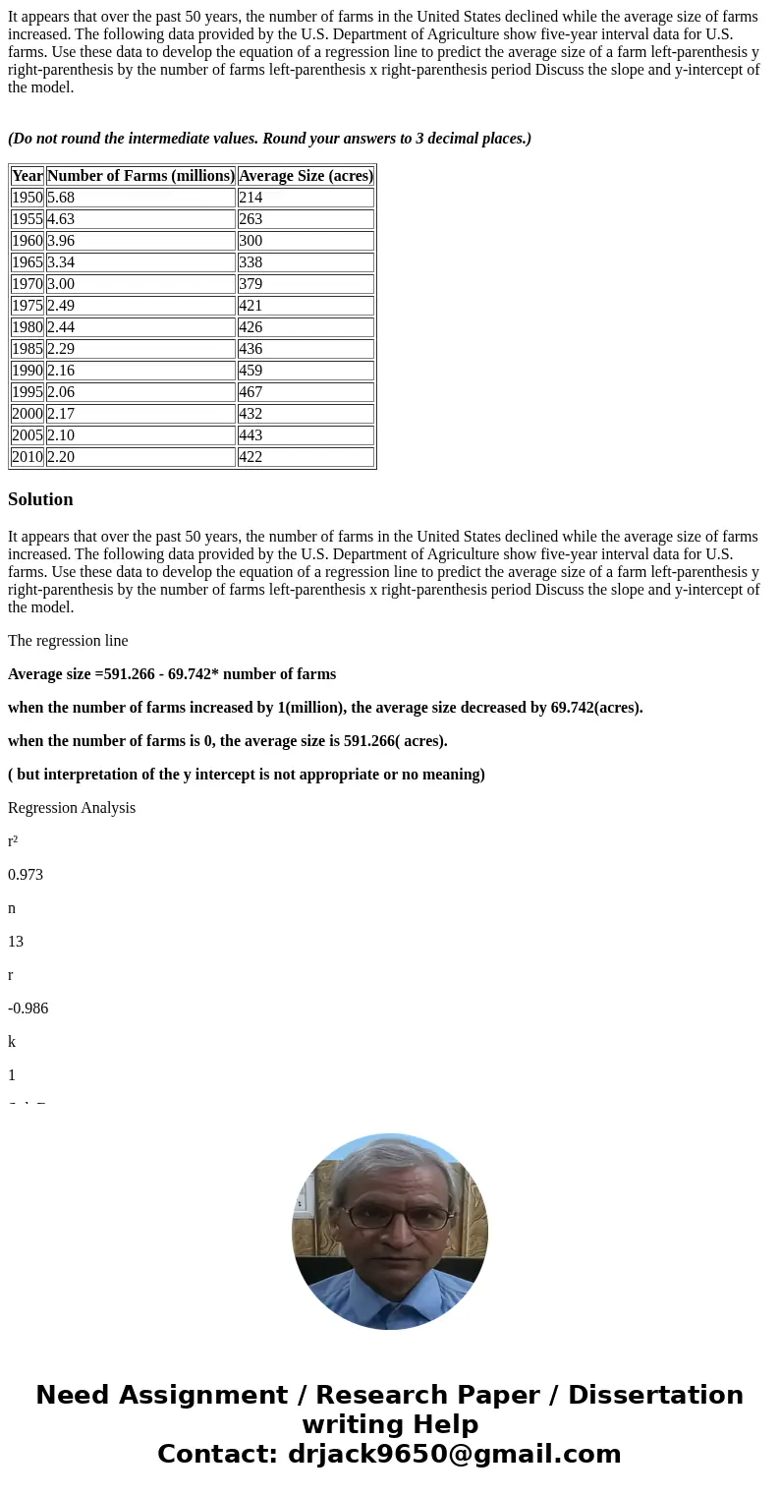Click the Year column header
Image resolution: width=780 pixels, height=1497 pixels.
28,176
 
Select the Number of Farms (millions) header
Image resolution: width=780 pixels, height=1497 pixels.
140,176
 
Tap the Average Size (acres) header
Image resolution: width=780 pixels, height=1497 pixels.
306,176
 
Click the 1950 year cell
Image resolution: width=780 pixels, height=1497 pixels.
28,198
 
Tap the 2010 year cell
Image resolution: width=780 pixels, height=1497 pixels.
28,457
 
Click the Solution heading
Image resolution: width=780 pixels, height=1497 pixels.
40,499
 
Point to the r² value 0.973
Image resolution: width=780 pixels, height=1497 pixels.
26,875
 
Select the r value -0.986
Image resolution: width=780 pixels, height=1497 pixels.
28,1008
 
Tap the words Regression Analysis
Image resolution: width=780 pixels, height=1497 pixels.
72,808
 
